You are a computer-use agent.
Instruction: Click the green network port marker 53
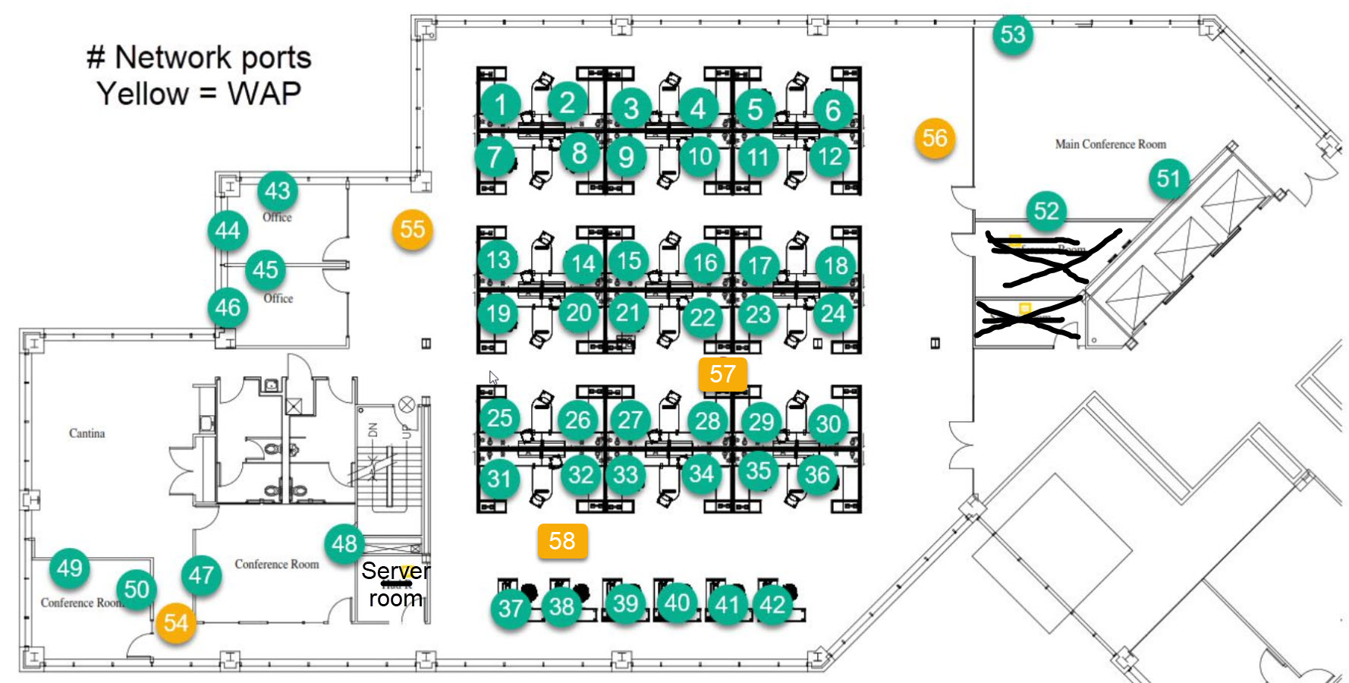[x=1013, y=34]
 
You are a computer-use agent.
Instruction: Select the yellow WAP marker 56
[x=935, y=138]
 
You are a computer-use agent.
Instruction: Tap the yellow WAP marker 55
[x=413, y=229]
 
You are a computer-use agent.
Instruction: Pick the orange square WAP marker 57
[x=723, y=374]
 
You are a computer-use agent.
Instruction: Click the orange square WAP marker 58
[x=562, y=541]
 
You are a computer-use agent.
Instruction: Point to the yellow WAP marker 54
[x=176, y=623]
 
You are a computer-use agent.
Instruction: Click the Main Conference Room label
[x=1110, y=144]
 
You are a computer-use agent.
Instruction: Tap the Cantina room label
[x=86, y=433]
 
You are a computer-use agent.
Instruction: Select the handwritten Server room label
[x=395, y=584]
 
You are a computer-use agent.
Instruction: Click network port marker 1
[x=500, y=104]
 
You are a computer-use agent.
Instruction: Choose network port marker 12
[x=830, y=157]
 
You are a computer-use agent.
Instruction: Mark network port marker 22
[x=703, y=318]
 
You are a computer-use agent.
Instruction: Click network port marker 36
[x=817, y=475]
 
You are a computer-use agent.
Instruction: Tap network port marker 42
[x=773, y=605]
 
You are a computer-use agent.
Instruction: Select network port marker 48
[x=344, y=543]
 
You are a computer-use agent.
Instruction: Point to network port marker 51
[x=1168, y=179]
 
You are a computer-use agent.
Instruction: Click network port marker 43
[x=277, y=190]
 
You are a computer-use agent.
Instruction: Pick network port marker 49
[x=70, y=568]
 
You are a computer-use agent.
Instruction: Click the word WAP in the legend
[x=264, y=94]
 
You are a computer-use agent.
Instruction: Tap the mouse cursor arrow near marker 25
[x=493, y=377]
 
